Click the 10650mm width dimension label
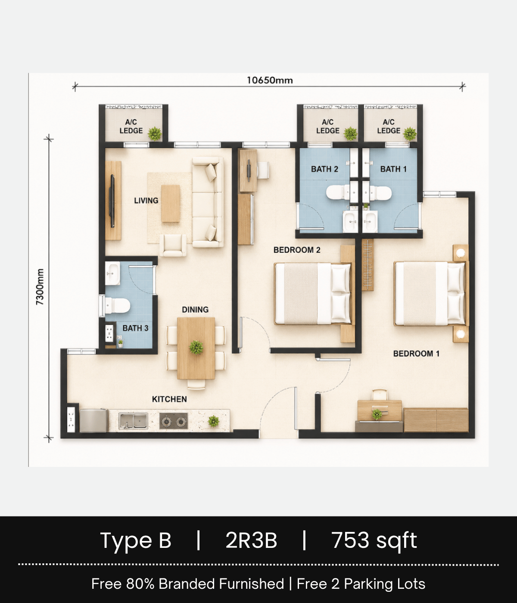coord(270,80)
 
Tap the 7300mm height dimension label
coord(40,287)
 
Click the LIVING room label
coord(146,201)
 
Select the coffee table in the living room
coord(171,203)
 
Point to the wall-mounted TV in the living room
coord(112,201)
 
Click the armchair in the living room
coord(173,245)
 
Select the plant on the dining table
coord(196,347)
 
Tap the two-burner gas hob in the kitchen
coord(174,421)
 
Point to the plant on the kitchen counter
coord(214,421)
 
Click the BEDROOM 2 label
coord(297,250)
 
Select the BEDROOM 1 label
coord(416,354)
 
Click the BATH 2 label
coord(324,169)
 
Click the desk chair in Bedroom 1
coord(380,395)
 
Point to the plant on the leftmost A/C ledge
coord(155,134)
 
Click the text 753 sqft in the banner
coord(374,541)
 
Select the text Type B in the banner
coord(136,541)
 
